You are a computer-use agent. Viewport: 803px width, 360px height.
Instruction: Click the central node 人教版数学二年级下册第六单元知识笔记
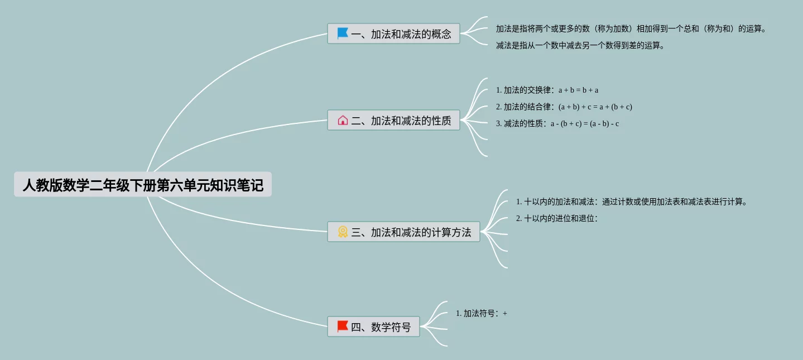coord(143,185)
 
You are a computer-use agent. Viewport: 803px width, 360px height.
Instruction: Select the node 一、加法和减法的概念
coord(393,33)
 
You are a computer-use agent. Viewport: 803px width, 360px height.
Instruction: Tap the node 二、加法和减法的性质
coord(393,120)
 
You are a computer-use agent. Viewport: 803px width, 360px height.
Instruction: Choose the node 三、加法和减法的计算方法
coord(403,232)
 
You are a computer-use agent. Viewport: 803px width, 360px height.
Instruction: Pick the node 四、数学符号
coord(373,327)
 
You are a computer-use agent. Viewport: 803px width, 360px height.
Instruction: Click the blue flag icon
coord(343,33)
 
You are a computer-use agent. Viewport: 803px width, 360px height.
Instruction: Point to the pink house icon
coord(343,120)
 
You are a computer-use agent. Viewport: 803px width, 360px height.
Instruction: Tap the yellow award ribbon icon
coord(343,232)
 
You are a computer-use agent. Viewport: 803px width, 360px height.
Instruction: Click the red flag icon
coord(343,327)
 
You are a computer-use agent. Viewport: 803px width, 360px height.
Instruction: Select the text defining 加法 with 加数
coord(631,28)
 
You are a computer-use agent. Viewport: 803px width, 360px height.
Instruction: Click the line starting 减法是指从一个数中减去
coord(580,45)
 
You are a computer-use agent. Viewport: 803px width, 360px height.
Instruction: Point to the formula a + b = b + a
coord(578,90)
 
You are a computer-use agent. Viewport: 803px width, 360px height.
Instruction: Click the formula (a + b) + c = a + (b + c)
coord(595,107)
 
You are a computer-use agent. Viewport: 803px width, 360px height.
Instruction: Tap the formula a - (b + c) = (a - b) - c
coord(584,123)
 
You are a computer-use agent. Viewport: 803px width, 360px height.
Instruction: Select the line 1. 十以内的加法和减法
coord(631,201)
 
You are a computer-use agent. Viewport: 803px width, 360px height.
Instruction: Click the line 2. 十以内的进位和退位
coord(557,218)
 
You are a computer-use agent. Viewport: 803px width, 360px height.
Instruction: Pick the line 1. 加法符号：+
coord(481,313)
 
